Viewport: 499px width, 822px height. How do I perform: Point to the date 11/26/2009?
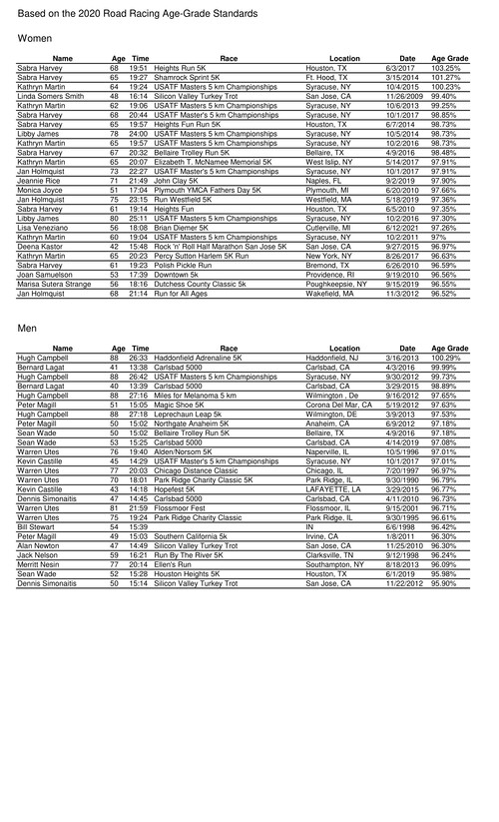point(404,95)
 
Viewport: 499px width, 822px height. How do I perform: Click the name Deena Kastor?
point(40,246)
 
